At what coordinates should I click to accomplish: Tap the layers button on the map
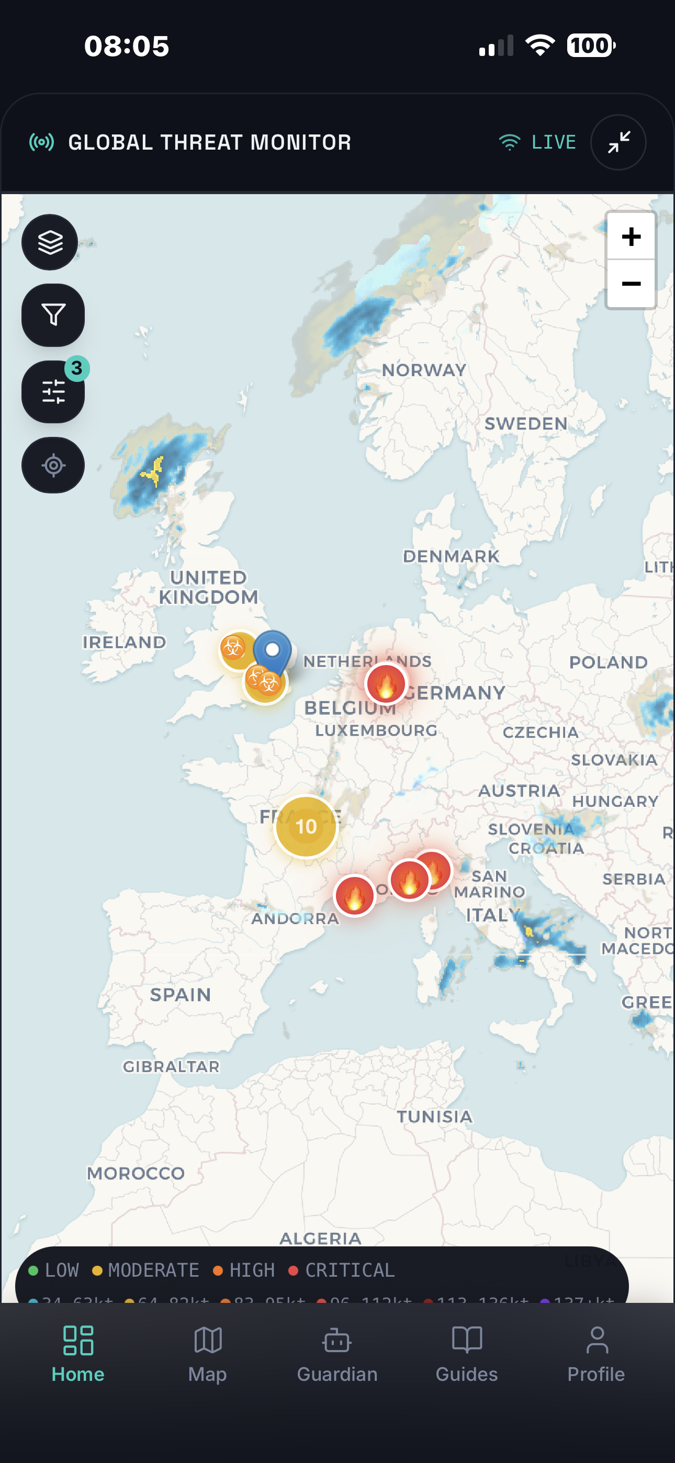(50, 242)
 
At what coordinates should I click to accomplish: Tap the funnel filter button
(53, 315)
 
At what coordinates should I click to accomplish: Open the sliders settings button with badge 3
(53, 392)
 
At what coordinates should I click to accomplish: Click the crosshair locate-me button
(53, 465)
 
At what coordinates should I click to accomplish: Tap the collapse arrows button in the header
(618, 142)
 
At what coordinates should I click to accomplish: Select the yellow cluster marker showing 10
(306, 826)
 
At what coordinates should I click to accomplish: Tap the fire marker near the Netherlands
(386, 684)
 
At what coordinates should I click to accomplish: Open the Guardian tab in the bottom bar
(337, 1354)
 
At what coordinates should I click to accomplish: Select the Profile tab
(596, 1354)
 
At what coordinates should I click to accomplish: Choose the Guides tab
(466, 1354)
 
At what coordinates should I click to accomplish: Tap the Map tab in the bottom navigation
(207, 1354)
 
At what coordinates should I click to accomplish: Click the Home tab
(78, 1354)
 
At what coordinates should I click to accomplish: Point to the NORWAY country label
(424, 370)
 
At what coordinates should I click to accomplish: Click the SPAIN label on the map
(180, 995)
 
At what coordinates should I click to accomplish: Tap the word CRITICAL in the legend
(350, 1270)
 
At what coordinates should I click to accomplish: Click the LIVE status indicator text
(554, 142)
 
